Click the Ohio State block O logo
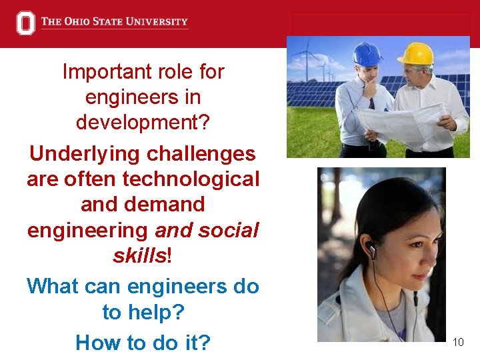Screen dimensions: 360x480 pyautogui.click(x=25, y=23)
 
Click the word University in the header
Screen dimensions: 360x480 pyautogui.click(x=159, y=21)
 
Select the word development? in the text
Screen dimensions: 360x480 pyautogui.click(x=143, y=123)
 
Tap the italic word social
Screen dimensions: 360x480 pyautogui.click(x=223, y=231)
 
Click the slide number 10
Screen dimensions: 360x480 pyautogui.click(x=458, y=343)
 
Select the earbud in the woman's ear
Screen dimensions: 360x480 pyautogui.click(x=371, y=251)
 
